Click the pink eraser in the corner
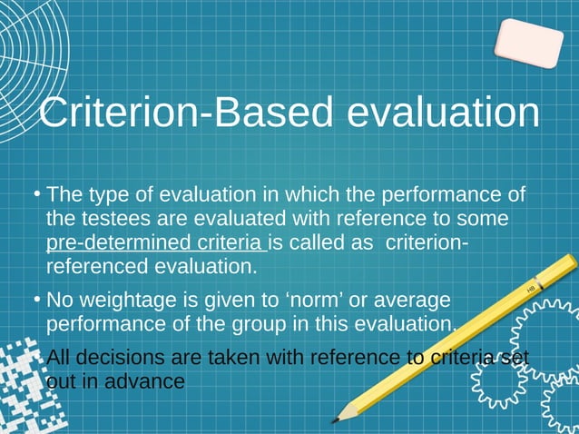[528, 43]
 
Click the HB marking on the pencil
[532, 288]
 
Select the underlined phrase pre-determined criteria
[155, 243]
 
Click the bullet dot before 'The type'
[35, 193]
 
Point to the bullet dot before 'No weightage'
[35, 299]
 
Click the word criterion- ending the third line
[427, 243]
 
